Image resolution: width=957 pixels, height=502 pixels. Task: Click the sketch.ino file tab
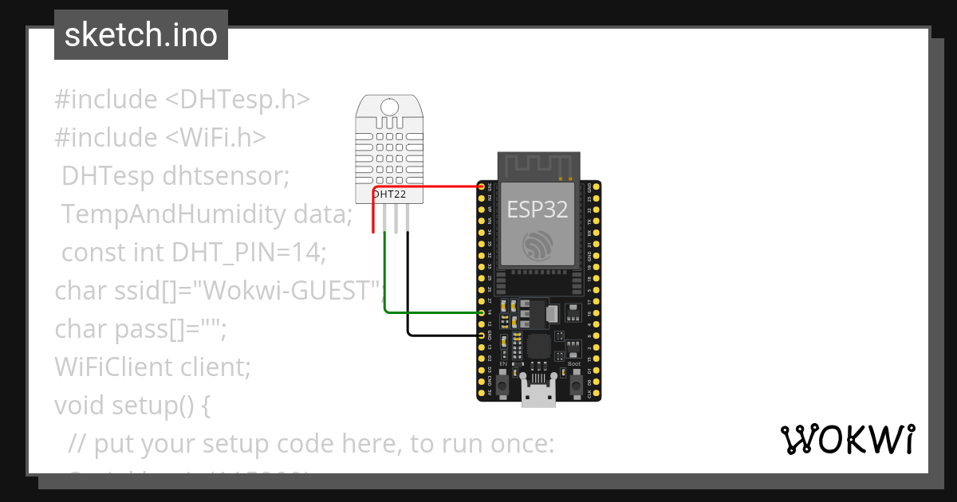tap(141, 35)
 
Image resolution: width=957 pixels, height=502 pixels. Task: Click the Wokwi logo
tap(847, 439)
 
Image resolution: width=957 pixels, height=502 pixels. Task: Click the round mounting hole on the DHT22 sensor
tap(391, 107)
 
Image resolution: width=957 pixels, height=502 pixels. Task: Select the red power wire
tap(431, 187)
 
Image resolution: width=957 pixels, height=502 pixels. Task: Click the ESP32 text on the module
tap(538, 209)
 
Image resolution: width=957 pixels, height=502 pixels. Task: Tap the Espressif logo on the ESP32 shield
tap(537, 245)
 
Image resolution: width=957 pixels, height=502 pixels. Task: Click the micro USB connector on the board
tap(538, 393)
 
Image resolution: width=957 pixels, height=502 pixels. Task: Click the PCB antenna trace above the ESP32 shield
tap(538, 166)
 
